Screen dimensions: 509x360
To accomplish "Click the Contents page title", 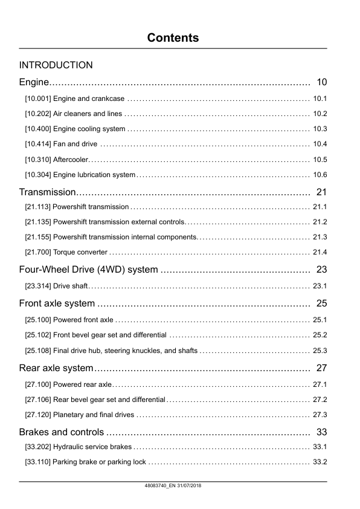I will pyautogui.click(x=173, y=37).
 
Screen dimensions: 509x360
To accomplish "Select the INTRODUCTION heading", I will pyautogui.click(x=56, y=65).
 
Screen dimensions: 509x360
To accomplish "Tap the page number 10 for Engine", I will pyautogui.click(x=321, y=82).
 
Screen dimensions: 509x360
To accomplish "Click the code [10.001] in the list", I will pyautogui.click(x=37, y=98).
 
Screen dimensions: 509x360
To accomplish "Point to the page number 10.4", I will pyautogui.click(x=320, y=144).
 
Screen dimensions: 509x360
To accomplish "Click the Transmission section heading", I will pyautogui.click(x=47, y=193).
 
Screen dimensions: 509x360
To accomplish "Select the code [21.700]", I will pyautogui.click(x=37, y=252).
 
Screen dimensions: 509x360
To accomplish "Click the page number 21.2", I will pyautogui.click(x=320, y=222).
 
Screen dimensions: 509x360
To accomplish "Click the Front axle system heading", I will pyautogui.click(x=57, y=303).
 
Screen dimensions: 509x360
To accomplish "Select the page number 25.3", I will pyautogui.click(x=320, y=350).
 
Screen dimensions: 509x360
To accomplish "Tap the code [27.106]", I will pyautogui.click(x=37, y=400).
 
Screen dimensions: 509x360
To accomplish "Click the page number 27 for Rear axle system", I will pyautogui.click(x=321, y=368).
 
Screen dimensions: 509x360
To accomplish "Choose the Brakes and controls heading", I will pyautogui.click(x=61, y=432).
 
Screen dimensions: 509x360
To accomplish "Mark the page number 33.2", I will pyautogui.click(x=320, y=462).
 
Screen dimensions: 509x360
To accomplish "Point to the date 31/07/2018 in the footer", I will pyautogui.click(x=189, y=487).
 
